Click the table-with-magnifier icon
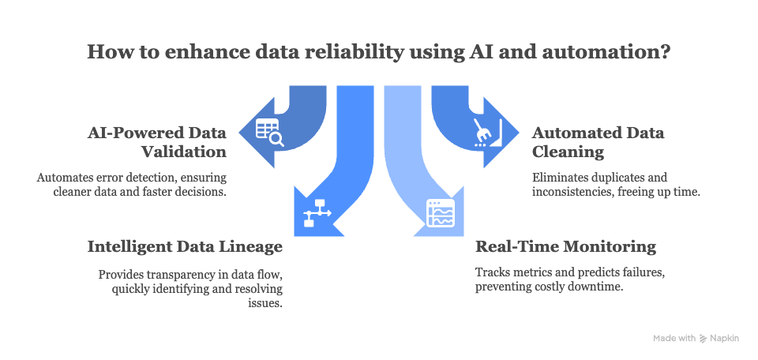270,133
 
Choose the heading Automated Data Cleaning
598,141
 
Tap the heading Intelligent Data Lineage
185,247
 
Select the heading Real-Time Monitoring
565,246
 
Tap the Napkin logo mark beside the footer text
703,338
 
